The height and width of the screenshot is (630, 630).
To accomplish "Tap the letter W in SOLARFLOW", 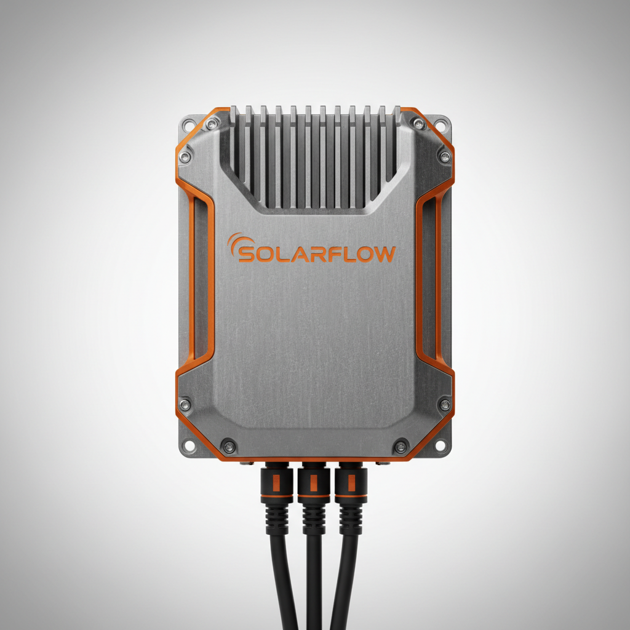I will pos(383,255).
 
